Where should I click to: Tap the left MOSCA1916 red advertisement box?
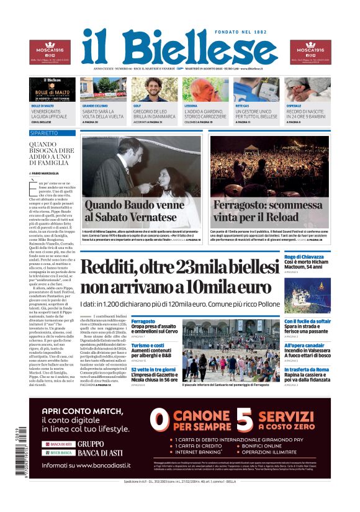click(50, 52)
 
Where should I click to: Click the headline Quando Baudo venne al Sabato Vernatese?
click(134, 212)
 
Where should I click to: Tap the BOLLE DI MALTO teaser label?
click(43, 106)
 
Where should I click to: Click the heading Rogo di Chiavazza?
click(304, 256)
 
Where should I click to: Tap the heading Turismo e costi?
click(147, 345)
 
